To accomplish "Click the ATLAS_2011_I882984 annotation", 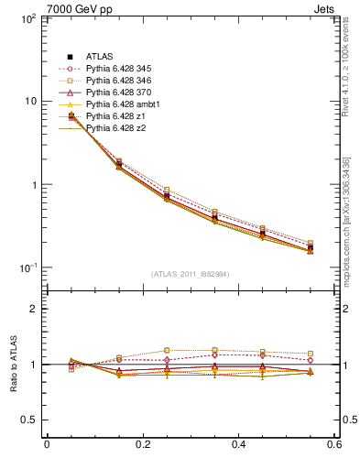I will (190, 273).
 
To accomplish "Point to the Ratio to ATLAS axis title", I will (14, 364).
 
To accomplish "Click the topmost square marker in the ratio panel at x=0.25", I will (167, 351).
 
